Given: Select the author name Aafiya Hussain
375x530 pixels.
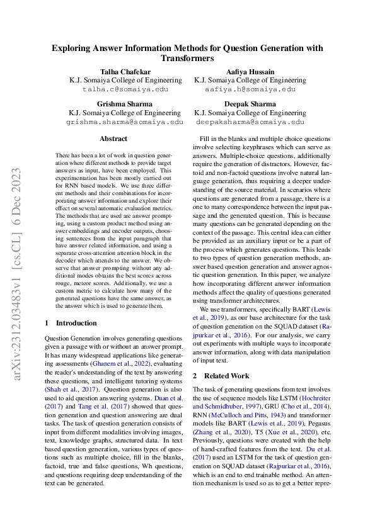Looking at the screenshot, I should click(250, 72).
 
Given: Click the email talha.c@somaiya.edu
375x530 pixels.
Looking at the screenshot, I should click(126, 89).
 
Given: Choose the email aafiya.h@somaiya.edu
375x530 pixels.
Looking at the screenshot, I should click(250, 89).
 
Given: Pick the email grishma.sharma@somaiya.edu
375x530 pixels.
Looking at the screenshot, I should click(126, 121).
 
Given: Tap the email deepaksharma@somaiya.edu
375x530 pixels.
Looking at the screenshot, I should click(250, 121).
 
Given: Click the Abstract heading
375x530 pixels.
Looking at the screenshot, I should click(113, 138).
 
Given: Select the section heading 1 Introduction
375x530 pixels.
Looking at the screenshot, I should click(71, 323).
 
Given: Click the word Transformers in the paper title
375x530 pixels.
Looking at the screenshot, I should click(187, 58).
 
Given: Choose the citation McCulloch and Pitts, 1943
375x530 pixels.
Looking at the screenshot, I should click(237, 415).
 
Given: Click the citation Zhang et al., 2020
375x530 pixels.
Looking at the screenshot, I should click(222, 424).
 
